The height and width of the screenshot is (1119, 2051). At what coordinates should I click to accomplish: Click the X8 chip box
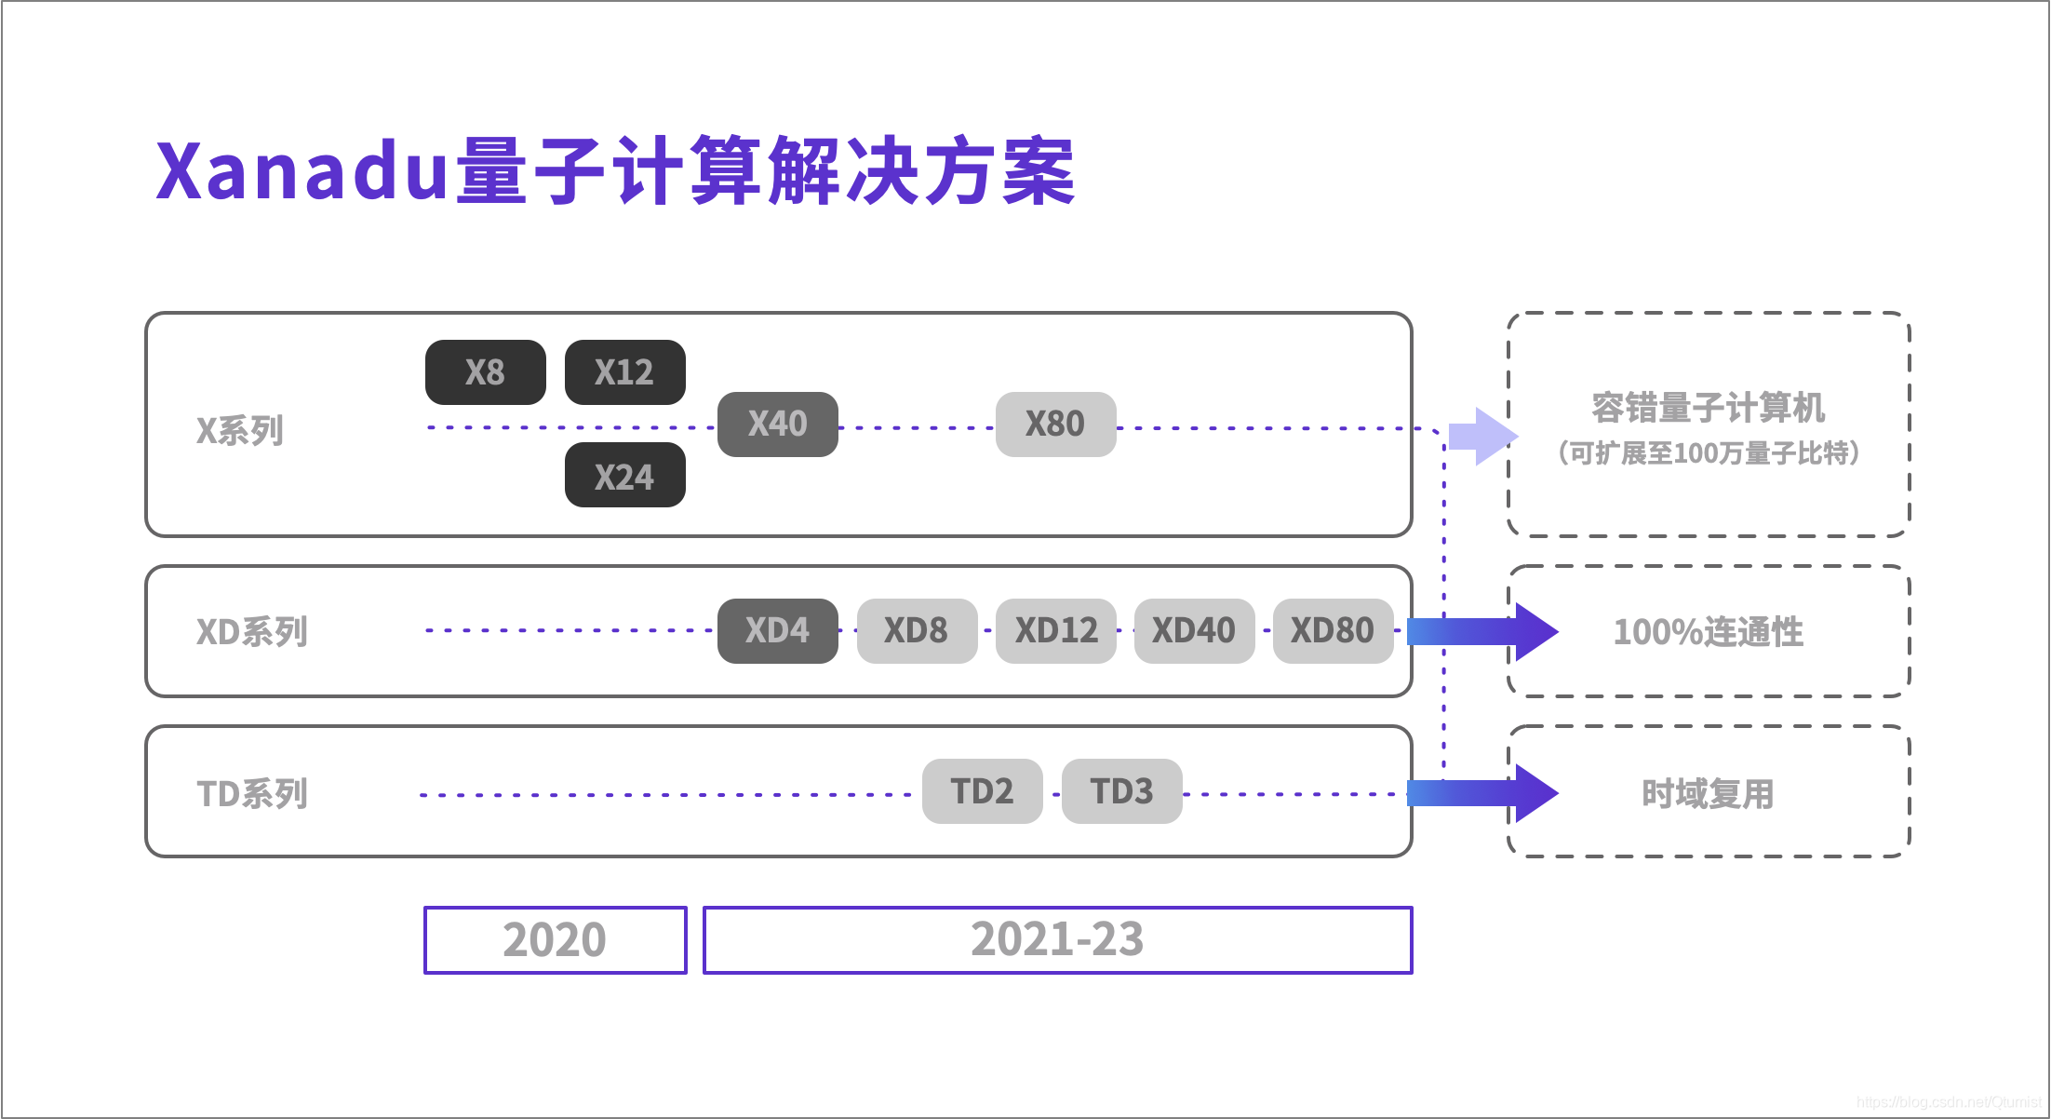coord(485,372)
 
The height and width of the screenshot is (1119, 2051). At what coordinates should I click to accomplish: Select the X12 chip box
coord(624,372)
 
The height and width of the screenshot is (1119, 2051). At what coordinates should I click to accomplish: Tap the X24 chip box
coord(624,476)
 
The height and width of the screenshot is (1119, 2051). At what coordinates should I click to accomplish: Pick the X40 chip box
coord(777,425)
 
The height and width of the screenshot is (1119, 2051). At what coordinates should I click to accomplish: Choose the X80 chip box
coord(1055,425)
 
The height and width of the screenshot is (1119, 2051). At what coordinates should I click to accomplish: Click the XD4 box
coord(777,631)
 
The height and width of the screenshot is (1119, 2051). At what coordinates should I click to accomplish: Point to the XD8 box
coord(917,631)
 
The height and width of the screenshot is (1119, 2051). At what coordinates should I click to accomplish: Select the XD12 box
coord(1055,631)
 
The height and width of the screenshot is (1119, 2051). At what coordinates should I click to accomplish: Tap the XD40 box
coord(1194,631)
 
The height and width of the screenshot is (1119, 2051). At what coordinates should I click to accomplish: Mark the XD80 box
coord(1333,631)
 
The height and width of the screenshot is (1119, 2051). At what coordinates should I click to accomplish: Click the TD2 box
coord(982,791)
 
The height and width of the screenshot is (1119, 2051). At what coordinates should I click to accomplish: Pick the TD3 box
coord(1121,791)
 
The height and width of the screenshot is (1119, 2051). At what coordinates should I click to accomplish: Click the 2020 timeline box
coord(555,940)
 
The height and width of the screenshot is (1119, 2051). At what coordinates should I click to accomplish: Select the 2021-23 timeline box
coord(1057,940)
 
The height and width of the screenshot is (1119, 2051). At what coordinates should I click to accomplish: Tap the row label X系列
coord(240,431)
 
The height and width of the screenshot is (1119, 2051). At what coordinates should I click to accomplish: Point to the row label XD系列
coord(252,632)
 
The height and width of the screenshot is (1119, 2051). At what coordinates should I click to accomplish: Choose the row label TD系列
coord(252,794)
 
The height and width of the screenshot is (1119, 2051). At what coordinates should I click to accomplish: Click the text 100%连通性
coord(1708,632)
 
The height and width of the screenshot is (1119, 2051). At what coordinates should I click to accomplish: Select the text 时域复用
coord(1708,794)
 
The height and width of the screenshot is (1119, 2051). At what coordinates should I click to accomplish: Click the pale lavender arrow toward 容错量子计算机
coord(1483,436)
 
